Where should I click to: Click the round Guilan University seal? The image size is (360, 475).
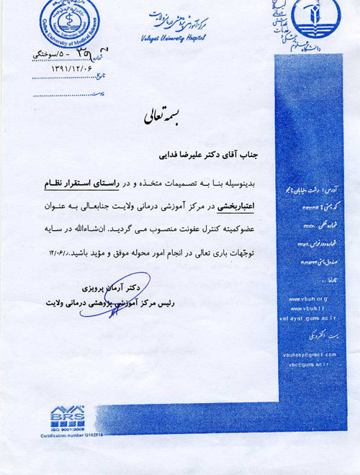pos(70,24)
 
